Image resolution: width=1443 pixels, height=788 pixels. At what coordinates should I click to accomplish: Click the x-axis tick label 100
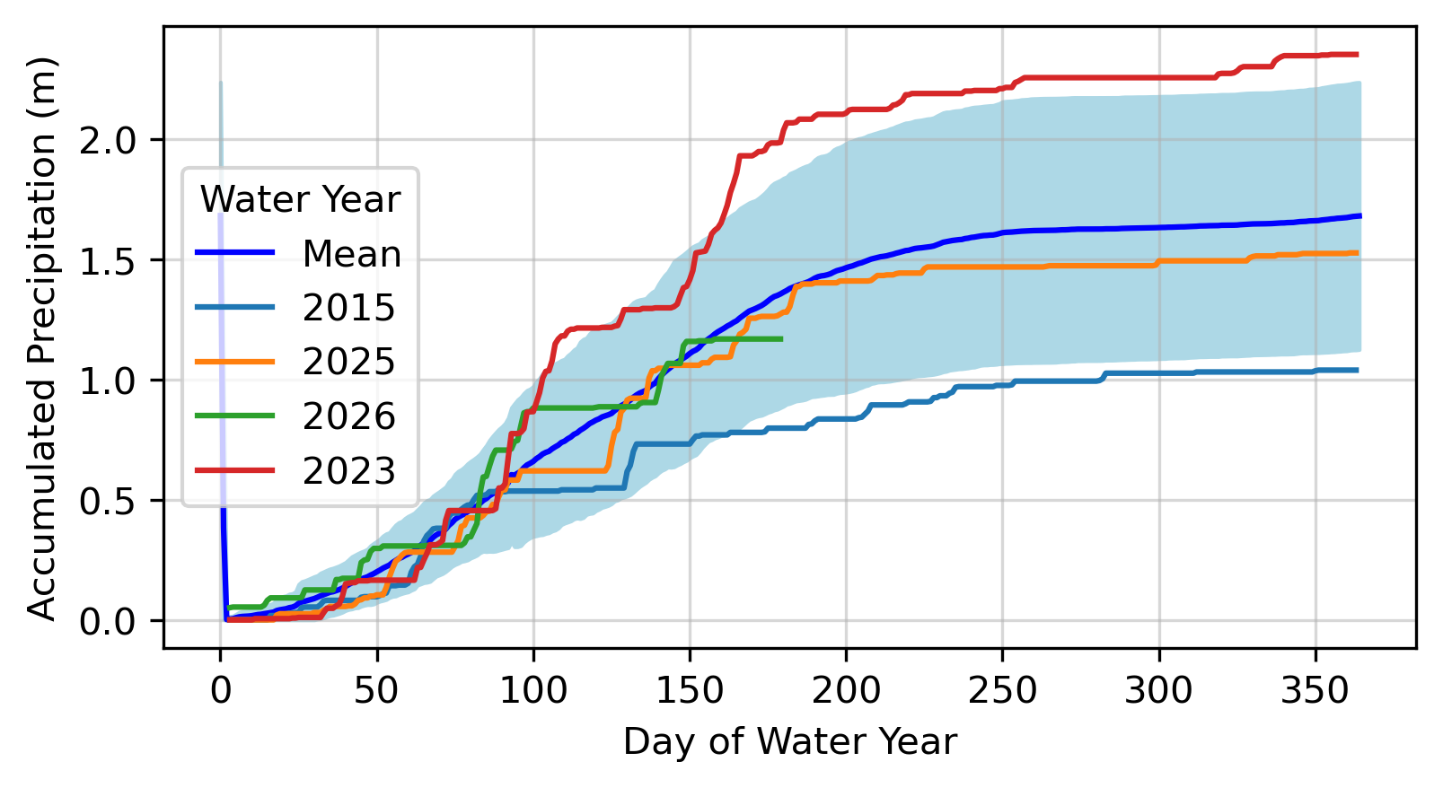click(x=533, y=692)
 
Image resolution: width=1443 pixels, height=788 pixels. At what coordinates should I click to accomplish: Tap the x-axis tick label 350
click(x=1315, y=692)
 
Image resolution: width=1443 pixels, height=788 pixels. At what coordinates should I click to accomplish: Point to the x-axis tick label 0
click(x=221, y=692)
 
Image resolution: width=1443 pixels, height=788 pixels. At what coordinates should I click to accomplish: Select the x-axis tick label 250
click(x=1003, y=692)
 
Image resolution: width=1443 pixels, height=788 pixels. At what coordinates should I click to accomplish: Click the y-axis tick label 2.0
click(x=108, y=141)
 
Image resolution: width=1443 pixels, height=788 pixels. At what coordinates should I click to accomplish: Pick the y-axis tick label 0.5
click(x=108, y=502)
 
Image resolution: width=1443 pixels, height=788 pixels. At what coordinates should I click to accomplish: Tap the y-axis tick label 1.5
click(x=108, y=261)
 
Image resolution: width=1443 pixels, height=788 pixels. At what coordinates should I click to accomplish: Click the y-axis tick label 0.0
click(x=108, y=622)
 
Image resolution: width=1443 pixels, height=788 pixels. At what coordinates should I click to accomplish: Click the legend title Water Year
click(x=300, y=200)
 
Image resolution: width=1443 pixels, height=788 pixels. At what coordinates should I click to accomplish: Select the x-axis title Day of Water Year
click(x=790, y=742)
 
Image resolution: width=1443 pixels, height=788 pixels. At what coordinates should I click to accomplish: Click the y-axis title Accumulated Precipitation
click(x=42, y=338)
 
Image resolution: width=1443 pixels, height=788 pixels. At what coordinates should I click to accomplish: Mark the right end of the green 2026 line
click(x=782, y=338)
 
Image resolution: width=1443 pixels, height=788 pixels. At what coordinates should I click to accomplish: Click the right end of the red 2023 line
click(x=1357, y=55)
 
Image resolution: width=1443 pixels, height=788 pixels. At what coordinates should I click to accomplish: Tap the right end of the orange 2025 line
click(x=1357, y=253)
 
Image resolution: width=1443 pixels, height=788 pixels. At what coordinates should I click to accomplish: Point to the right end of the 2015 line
click(x=1357, y=370)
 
